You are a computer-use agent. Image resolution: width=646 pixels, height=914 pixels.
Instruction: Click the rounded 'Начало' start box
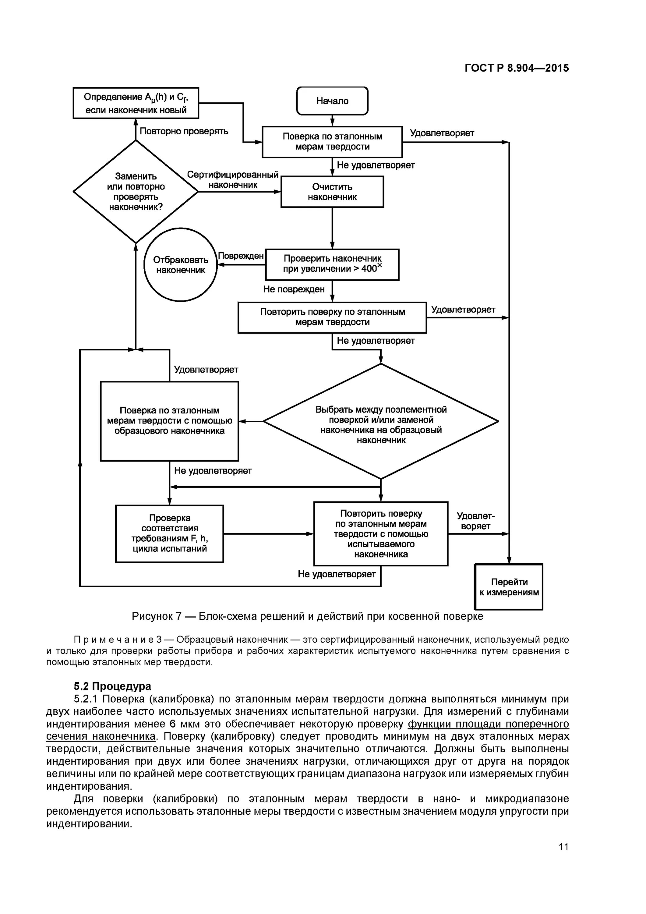click(332, 101)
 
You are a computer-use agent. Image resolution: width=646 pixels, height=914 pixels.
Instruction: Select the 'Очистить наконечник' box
click(332, 192)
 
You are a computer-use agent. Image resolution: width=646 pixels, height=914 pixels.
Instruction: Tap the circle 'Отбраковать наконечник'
click(180, 265)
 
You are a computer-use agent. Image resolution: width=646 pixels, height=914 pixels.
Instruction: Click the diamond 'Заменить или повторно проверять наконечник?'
click(136, 191)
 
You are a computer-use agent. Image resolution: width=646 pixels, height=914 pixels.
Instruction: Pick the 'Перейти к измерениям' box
click(509, 587)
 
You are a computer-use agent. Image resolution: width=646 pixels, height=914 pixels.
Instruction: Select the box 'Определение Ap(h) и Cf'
click(136, 103)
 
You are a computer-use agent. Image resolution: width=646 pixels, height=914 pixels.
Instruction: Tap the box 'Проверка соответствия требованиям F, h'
click(170, 533)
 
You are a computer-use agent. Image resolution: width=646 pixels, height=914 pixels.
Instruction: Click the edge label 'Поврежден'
click(241, 256)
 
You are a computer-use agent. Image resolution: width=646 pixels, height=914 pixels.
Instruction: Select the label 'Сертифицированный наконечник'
click(233, 179)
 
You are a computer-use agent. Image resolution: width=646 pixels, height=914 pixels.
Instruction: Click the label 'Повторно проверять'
click(184, 131)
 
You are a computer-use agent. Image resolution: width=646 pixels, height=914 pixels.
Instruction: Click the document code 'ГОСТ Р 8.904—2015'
click(517, 68)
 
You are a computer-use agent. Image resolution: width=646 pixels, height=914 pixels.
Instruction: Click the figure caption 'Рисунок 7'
click(157, 616)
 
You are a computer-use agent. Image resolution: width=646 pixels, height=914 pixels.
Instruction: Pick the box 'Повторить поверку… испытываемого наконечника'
click(381, 533)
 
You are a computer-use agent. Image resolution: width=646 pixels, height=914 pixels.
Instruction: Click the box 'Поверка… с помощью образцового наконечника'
click(170, 421)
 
